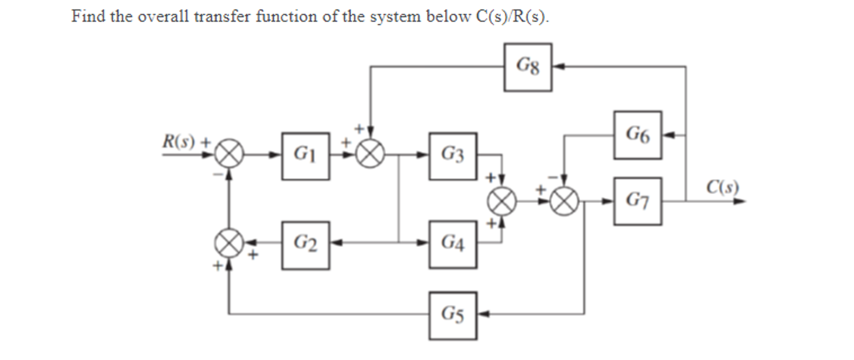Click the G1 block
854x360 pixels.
(305, 156)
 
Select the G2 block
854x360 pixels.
(305, 245)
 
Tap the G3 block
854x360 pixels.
(452, 156)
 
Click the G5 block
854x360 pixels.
(452, 316)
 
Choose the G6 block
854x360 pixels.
(637, 135)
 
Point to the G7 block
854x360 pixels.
(637, 201)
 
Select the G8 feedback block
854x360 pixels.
(527, 67)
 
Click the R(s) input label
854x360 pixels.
(179, 141)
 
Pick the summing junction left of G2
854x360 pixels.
(229, 243)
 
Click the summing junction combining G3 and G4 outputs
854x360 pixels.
(502, 202)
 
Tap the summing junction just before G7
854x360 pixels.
(564, 202)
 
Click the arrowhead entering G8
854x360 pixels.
(558, 67)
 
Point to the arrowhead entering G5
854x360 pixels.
(483, 314)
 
